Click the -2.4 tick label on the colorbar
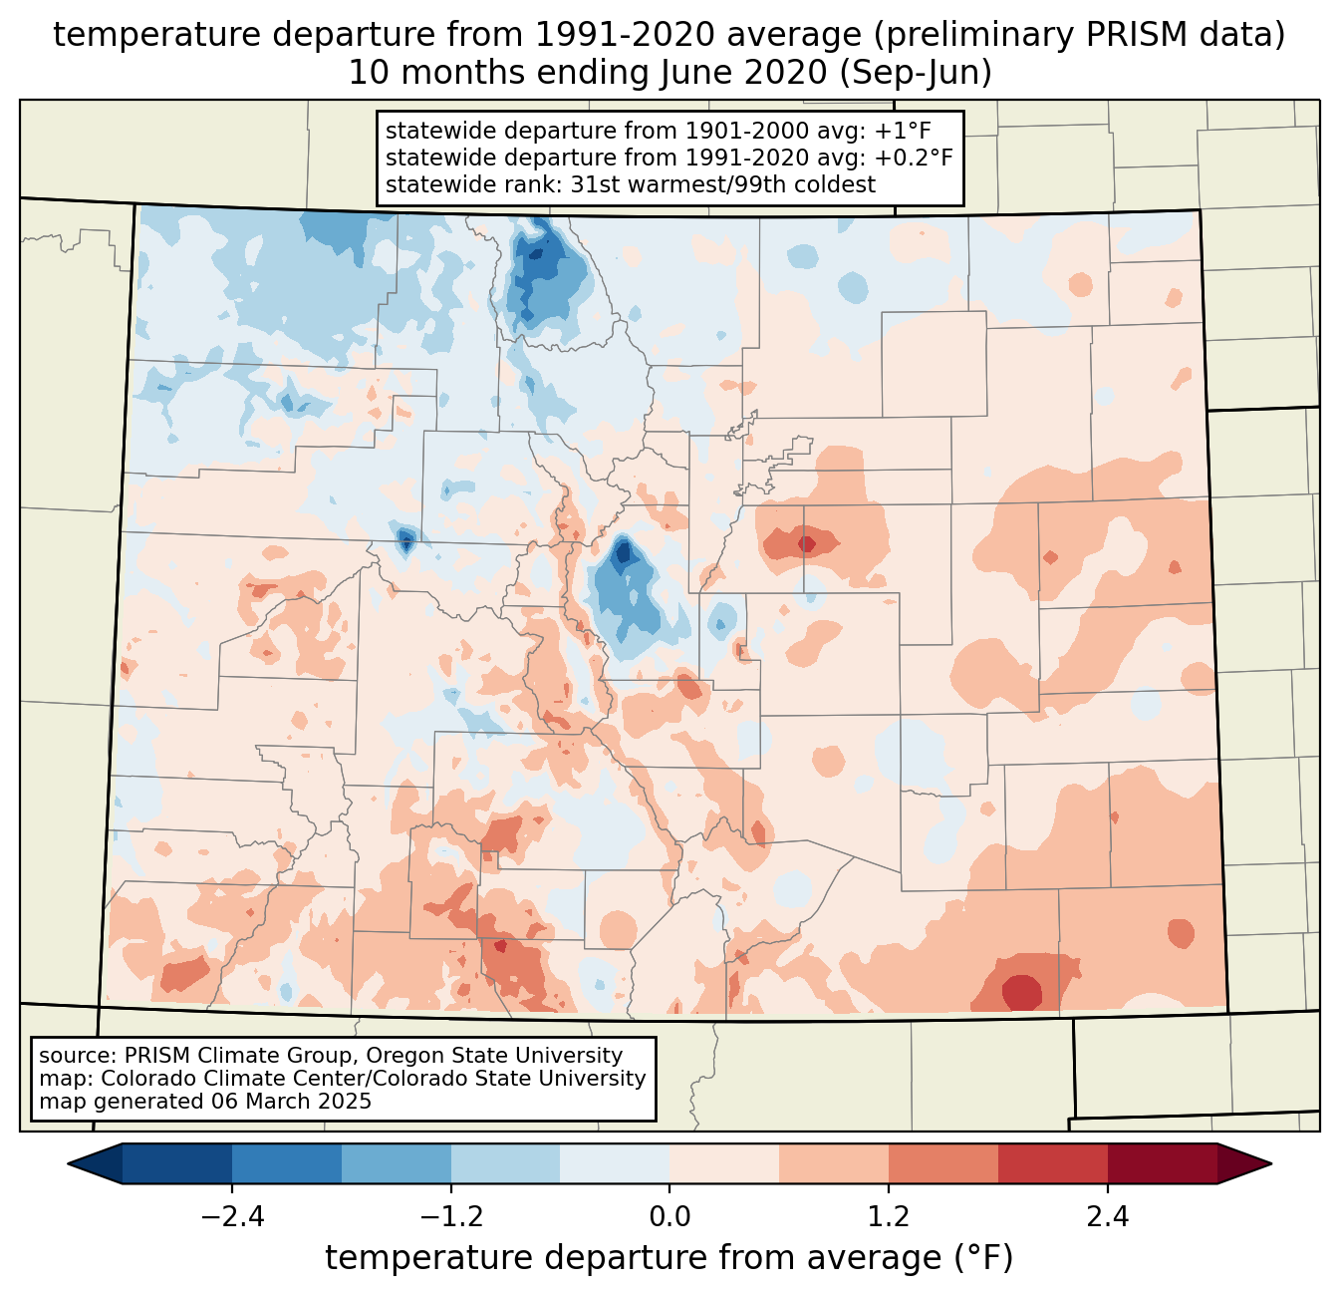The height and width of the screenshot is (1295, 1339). (x=232, y=1217)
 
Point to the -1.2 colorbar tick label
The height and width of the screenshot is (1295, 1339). (x=450, y=1217)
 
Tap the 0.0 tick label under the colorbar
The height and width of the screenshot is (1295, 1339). (x=669, y=1217)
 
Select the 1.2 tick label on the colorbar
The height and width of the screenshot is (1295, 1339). (x=888, y=1217)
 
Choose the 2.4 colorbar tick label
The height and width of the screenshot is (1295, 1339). (x=1107, y=1217)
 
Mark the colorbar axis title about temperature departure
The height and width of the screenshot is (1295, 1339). (x=669, y=1258)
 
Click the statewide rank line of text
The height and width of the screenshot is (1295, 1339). (x=630, y=184)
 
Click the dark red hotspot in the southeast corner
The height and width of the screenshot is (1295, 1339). (x=1022, y=993)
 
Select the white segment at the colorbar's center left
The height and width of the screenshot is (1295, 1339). (x=615, y=1163)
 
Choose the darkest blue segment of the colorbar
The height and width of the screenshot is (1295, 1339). (x=177, y=1163)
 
